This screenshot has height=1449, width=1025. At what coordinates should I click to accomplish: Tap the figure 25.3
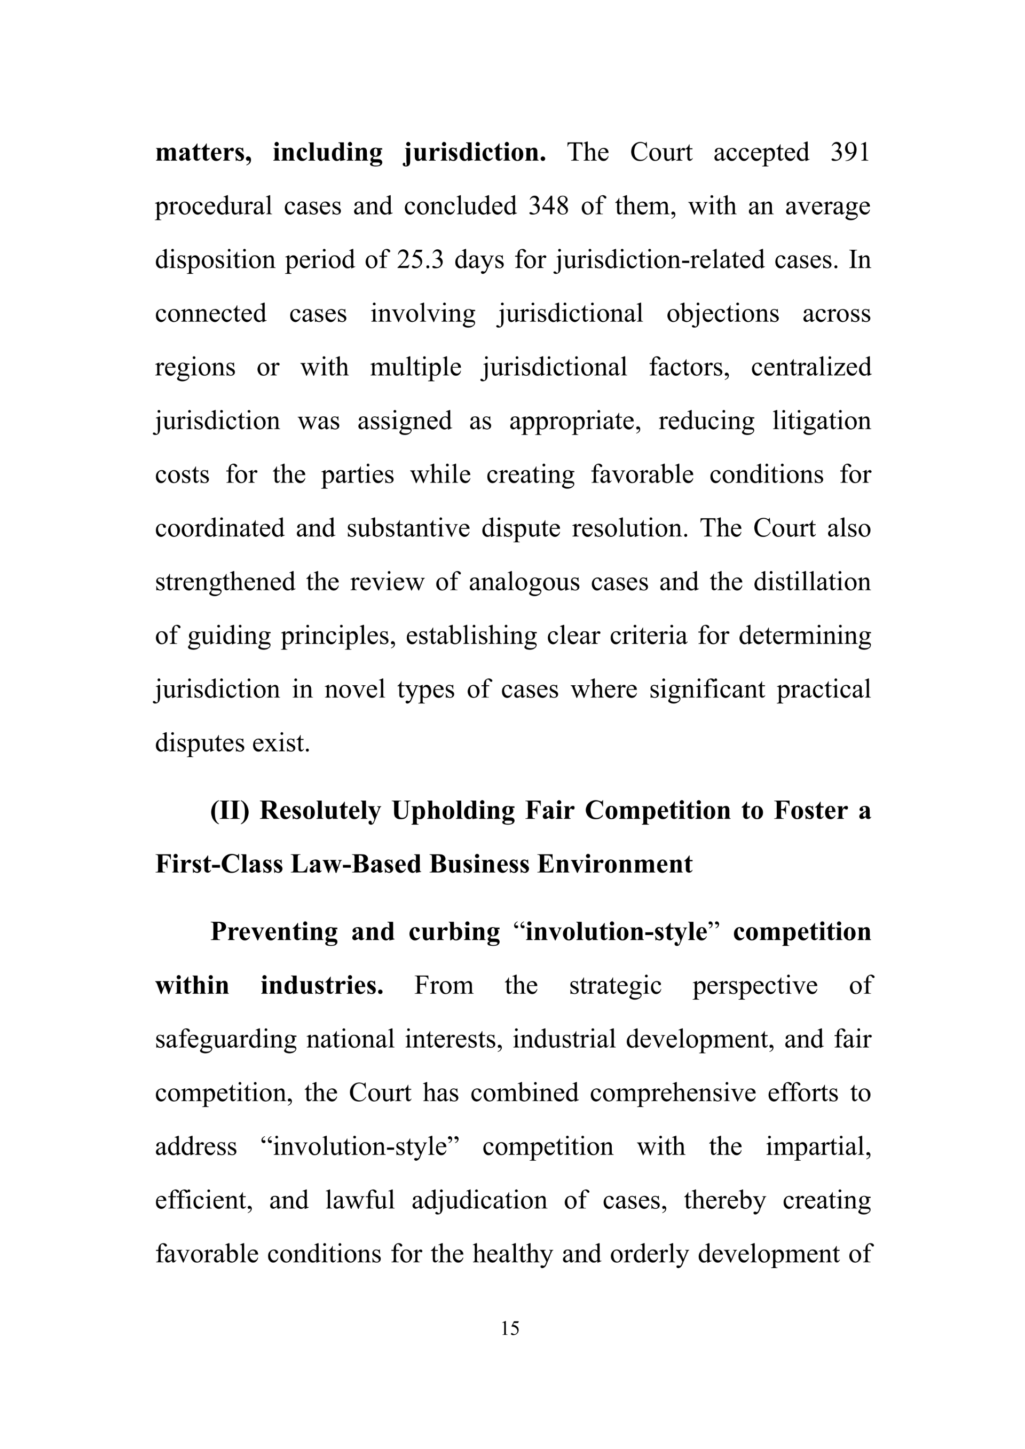click(420, 260)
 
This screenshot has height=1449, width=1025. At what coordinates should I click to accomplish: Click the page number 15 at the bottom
click(510, 1328)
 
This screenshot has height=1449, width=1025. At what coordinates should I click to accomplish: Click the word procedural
click(214, 207)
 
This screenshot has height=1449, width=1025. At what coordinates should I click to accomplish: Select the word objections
click(723, 314)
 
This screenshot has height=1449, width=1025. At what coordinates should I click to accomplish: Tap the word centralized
click(811, 367)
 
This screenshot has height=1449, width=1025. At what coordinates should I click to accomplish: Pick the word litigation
click(822, 421)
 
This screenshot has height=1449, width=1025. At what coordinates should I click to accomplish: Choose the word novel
click(354, 689)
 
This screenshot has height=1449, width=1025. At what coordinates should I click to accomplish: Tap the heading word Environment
click(615, 865)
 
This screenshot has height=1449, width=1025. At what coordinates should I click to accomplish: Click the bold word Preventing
click(274, 931)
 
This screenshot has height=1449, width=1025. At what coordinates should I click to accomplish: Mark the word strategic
click(616, 985)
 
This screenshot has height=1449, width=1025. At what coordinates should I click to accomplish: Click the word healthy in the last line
click(512, 1254)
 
